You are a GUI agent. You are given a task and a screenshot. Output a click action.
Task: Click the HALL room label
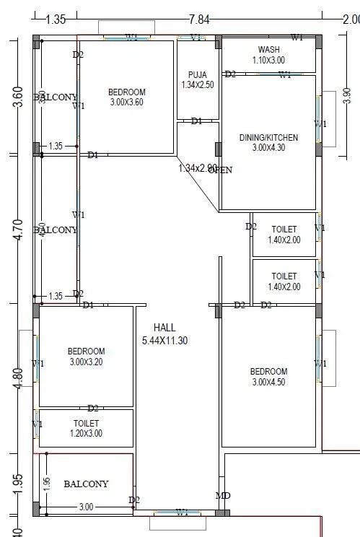point(164,328)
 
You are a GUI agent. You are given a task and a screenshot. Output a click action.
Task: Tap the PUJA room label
point(198,75)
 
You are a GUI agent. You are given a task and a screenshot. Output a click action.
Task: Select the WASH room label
point(268,49)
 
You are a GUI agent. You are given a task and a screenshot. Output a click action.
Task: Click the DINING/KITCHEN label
point(268,137)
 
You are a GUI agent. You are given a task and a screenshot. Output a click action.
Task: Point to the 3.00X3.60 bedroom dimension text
point(127,103)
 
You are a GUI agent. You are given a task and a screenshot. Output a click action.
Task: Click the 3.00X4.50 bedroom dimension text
point(268,383)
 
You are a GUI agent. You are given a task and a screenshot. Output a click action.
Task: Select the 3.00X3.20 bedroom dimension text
point(87,362)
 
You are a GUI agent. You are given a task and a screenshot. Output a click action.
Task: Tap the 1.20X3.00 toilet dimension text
point(86,434)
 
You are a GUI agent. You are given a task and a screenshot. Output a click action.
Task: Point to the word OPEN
point(221,170)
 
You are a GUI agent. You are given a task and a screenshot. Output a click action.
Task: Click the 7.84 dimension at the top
point(199,19)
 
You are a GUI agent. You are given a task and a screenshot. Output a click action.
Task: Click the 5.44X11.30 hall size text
point(164,341)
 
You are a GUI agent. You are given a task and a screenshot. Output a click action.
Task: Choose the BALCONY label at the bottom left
point(86,484)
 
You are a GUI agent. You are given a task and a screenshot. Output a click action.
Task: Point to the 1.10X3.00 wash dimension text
point(268,61)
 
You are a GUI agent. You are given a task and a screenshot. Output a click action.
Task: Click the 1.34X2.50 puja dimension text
point(198,85)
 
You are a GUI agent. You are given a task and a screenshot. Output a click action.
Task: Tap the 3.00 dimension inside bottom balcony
point(86,507)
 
